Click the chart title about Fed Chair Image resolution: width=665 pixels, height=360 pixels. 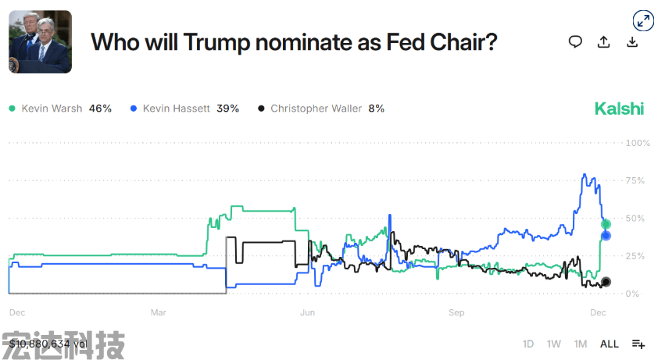[x=294, y=42]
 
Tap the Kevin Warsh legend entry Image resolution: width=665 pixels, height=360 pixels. [x=60, y=109]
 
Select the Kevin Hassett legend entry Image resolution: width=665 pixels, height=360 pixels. [x=184, y=109]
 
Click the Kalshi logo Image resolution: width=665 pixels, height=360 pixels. [x=619, y=109]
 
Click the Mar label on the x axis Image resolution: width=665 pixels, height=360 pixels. [x=159, y=312]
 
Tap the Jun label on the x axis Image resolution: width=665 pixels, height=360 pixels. [x=307, y=312]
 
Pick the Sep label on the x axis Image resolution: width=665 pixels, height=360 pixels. [x=456, y=312]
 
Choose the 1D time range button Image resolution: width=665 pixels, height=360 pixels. [x=528, y=344]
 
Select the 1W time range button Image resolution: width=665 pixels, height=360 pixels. [x=554, y=344]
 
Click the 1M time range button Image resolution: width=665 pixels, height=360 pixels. [x=581, y=344]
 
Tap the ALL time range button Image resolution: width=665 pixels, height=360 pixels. [x=610, y=344]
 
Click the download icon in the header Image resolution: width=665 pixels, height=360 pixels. [x=632, y=42]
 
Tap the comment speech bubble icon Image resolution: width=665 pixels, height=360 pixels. [x=575, y=42]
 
